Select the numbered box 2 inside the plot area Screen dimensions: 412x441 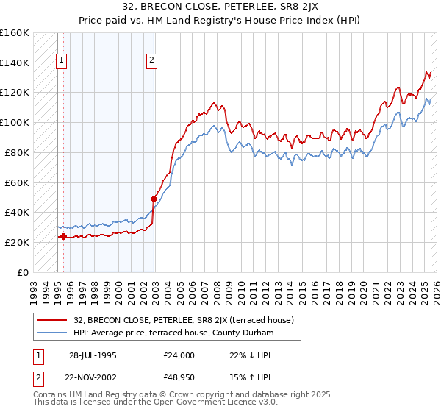(x=151, y=61)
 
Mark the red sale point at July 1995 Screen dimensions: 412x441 (x=64, y=237)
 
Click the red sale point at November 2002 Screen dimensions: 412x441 (x=154, y=199)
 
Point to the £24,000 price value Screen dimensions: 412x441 (x=179, y=355)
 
